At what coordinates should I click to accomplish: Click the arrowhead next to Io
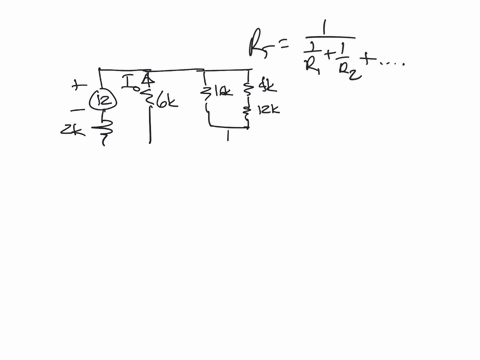(146, 78)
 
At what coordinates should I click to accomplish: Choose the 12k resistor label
(267, 109)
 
